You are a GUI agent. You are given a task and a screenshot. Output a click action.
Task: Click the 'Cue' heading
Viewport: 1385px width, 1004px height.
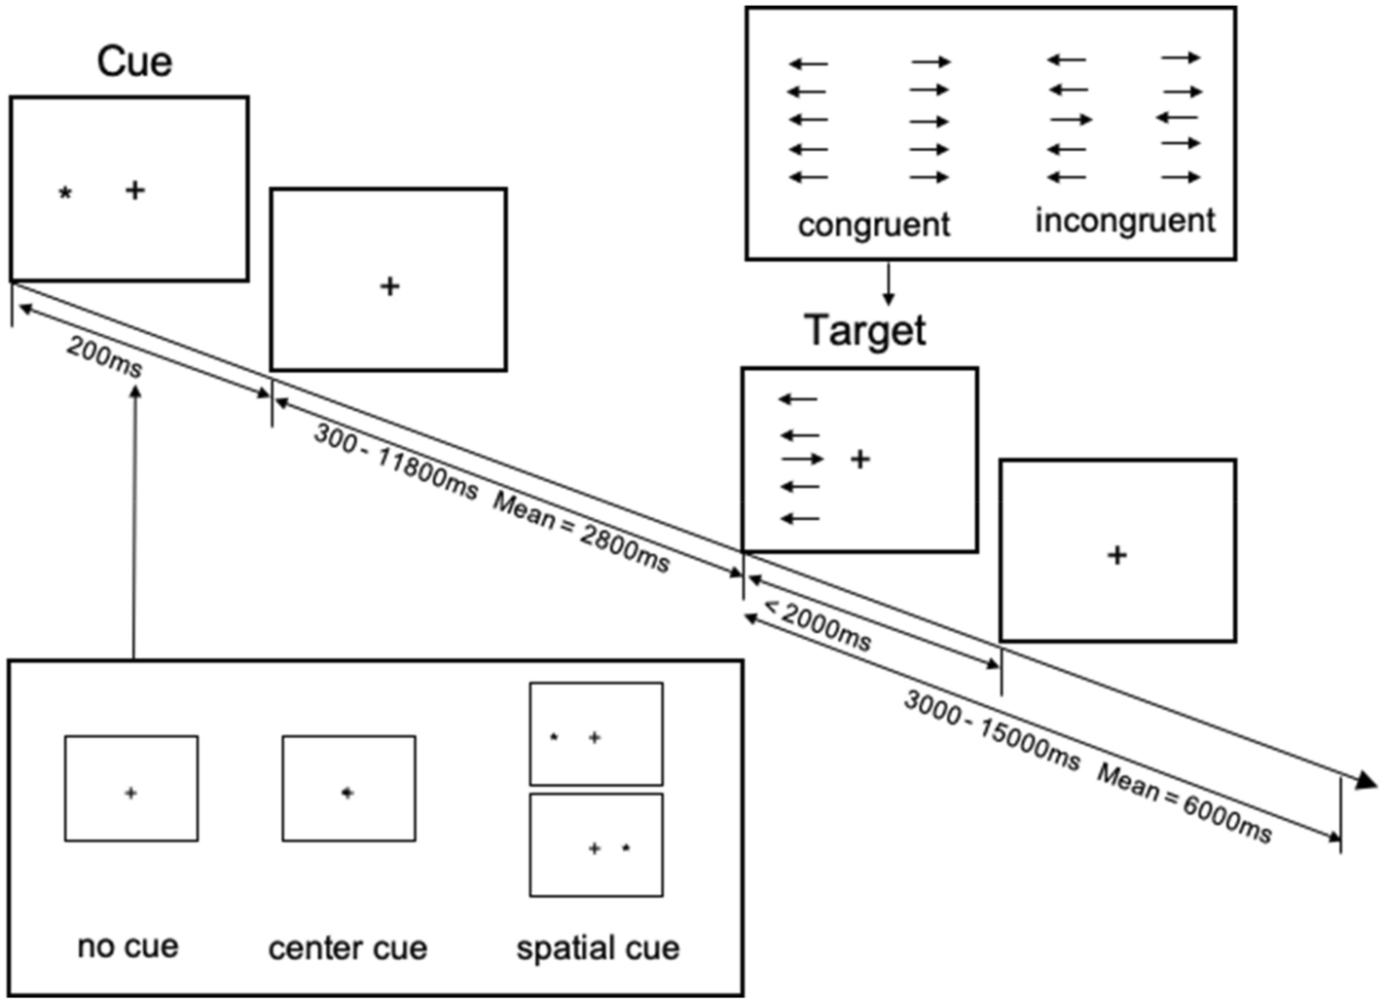tap(134, 61)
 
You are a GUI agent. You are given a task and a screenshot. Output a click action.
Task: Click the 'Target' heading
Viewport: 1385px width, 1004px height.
tap(864, 331)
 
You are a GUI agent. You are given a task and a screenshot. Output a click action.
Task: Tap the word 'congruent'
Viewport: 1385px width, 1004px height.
tap(873, 225)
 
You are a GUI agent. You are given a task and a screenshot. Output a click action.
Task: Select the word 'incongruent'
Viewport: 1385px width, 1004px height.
tap(1124, 221)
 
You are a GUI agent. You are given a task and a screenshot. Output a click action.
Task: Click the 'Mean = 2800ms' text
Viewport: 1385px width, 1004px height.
tap(581, 533)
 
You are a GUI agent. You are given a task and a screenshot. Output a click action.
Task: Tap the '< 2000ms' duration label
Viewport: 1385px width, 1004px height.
tap(818, 625)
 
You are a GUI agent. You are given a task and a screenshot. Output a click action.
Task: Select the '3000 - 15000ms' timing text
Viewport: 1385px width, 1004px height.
tap(992, 729)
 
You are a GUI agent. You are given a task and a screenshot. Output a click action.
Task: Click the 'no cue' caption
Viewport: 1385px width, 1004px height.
tap(128, 947)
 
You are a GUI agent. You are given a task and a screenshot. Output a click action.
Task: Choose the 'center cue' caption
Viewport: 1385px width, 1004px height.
tap(347, 948)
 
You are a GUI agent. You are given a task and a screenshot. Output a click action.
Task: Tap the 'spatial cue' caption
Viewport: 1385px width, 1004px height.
tap(598, 948)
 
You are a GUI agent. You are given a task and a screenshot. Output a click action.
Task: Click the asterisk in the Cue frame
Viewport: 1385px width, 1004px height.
tap(65, 193)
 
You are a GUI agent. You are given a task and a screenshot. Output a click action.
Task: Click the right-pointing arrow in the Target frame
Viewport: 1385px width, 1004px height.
tap(802, 459)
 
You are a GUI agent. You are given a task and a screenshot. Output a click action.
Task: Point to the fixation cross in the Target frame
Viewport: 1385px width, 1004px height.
tap(860, 459)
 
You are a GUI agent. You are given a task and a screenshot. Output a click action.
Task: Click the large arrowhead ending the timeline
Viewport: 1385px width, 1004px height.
tap(1365, 779)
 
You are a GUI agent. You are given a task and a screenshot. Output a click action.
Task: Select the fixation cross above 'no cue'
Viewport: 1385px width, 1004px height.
tap(130, 794)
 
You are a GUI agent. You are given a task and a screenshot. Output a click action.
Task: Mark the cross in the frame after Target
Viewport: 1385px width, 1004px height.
tap(1117, 555)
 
